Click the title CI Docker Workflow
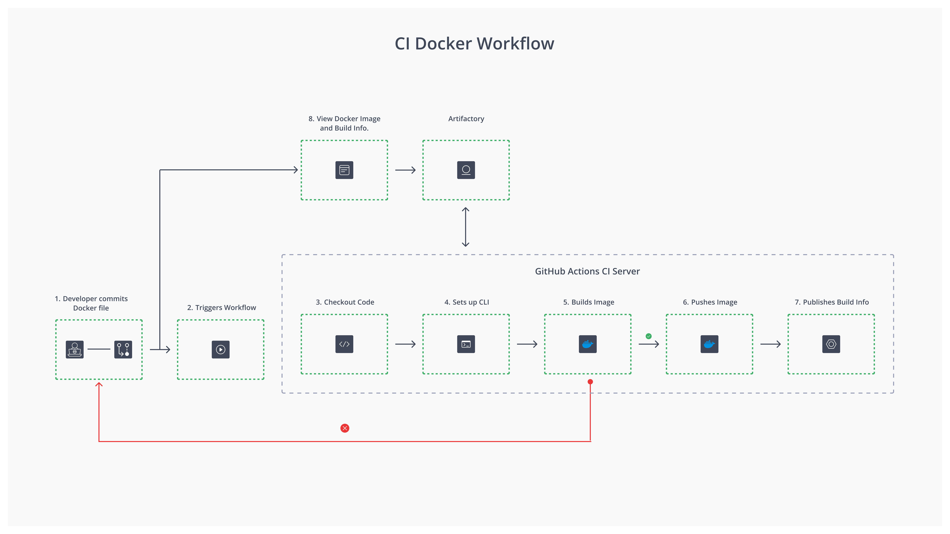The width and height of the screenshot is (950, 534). (x=474, y=44)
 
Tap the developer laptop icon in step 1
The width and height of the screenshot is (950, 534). (x=74, y=349)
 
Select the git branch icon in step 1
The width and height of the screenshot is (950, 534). (x=123, y=349)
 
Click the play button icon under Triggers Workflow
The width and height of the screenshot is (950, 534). (x=221, y=349)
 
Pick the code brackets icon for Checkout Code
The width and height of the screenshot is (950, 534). (x=344, y=344)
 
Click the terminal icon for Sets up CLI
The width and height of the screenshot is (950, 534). (x=466, y=344)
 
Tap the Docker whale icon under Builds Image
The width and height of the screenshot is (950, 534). (x=587, y=344)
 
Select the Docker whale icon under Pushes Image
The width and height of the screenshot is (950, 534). (x=709, y=344)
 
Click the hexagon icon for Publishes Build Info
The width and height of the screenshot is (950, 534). (x=831, y=344)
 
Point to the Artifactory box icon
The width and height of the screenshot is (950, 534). (x=466, y=170)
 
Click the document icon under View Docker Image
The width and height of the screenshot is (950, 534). (x=344, y=170)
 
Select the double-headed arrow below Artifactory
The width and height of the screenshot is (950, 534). (x=465, y=227)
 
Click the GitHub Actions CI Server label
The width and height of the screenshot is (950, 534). (x=587, y=271)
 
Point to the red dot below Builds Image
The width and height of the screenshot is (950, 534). (x=590, y=382)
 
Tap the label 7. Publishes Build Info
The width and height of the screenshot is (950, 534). (x=832, y=302)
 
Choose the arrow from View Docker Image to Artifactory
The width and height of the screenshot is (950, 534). (x=405, y=170)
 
